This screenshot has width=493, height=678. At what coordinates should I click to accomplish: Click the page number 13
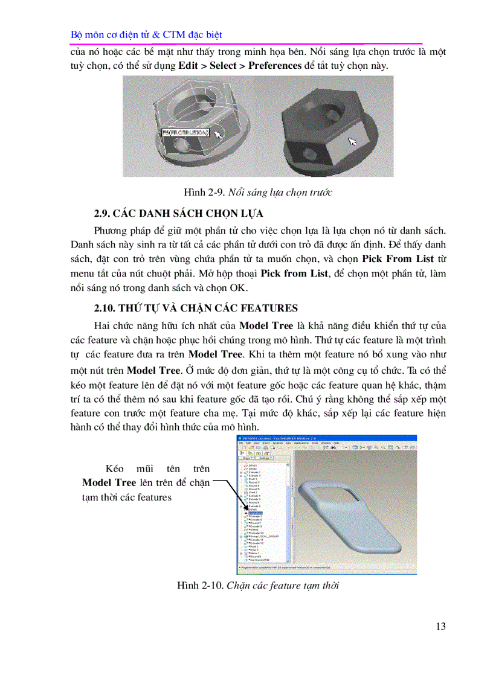click(x=440, y=626)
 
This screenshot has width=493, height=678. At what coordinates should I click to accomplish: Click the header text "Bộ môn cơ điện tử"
click(x=108, y=35)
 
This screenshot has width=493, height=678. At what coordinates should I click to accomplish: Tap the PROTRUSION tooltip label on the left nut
click(x=186, y=132)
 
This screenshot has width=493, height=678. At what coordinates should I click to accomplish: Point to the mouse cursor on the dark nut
click(x=352, y=141)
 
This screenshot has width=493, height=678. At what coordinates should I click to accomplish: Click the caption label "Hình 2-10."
click(x=200, y=586)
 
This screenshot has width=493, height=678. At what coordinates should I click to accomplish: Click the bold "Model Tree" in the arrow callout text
click(x=109, y=483)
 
